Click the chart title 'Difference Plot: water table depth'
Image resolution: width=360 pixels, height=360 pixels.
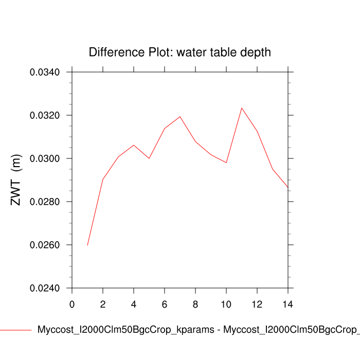(x=179, y=52)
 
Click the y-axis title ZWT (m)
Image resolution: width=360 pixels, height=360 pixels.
(x=16, y=180)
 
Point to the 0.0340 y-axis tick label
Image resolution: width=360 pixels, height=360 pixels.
(x=45, y=72)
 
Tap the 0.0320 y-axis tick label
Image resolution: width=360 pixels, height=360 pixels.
(x=45, y=115)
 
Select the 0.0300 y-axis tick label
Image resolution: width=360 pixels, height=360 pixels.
(x=45, y=158)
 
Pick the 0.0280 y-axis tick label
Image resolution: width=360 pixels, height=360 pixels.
(x=45, y=202)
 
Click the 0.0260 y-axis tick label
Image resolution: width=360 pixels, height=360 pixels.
(x=45, y=245)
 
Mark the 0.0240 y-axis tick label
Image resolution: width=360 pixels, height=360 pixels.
(x=45, y=288)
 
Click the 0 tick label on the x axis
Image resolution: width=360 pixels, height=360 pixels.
(x=72, y=304)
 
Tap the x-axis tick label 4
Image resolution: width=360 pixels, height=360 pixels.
(x=134, y=304)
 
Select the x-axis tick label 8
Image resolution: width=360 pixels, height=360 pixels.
(x=195, y=304)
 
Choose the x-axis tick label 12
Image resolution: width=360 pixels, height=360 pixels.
(x=257, y=304)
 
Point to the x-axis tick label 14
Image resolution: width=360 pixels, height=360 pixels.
(x=288, y=304)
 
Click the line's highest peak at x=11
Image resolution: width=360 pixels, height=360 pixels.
(x=242, y=108)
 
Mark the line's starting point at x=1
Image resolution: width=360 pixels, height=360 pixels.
(x=87, y=245)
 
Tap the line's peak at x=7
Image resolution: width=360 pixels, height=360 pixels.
(x=180, y=117)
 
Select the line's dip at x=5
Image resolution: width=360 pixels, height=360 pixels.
(x=149, y=158)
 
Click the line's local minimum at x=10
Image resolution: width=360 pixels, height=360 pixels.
(x=226, y=163)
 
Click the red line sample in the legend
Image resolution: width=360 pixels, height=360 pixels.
(x=15, y=330)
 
